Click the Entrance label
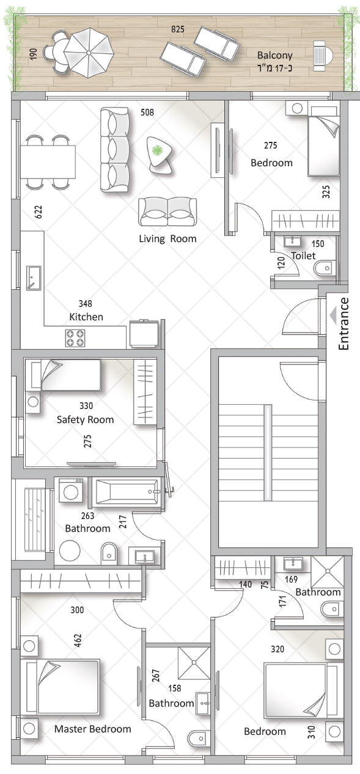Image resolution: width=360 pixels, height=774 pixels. (343, 324)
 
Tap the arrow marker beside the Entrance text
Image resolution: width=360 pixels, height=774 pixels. (333, 315)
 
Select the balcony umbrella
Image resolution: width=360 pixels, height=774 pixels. (89, 53)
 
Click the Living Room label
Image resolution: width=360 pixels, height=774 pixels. (167, 239)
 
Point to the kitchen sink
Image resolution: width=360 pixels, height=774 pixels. (34, 278)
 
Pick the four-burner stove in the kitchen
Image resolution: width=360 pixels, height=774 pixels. (75, 338)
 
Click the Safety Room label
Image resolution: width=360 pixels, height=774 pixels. (86, 419)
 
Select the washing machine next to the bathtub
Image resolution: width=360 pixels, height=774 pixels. (71, 490)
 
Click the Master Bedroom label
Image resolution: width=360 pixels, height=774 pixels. (92, 729)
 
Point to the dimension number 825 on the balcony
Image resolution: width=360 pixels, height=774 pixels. (178, 29)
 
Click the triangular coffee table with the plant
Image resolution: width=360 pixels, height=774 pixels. (160, 155)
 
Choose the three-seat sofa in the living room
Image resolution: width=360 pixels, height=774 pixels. (115, 149)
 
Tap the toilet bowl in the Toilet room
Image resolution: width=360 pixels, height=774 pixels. (325, 268)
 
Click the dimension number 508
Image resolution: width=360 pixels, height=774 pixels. (147, 112)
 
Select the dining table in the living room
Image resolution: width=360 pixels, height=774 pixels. (48, 162)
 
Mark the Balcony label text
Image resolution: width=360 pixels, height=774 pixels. (275, 55)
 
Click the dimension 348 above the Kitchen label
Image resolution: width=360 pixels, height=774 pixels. (86, 304)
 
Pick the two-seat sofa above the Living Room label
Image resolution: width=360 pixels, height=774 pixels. (167, 212)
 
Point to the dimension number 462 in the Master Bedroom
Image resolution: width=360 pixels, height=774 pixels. (78, 640)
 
